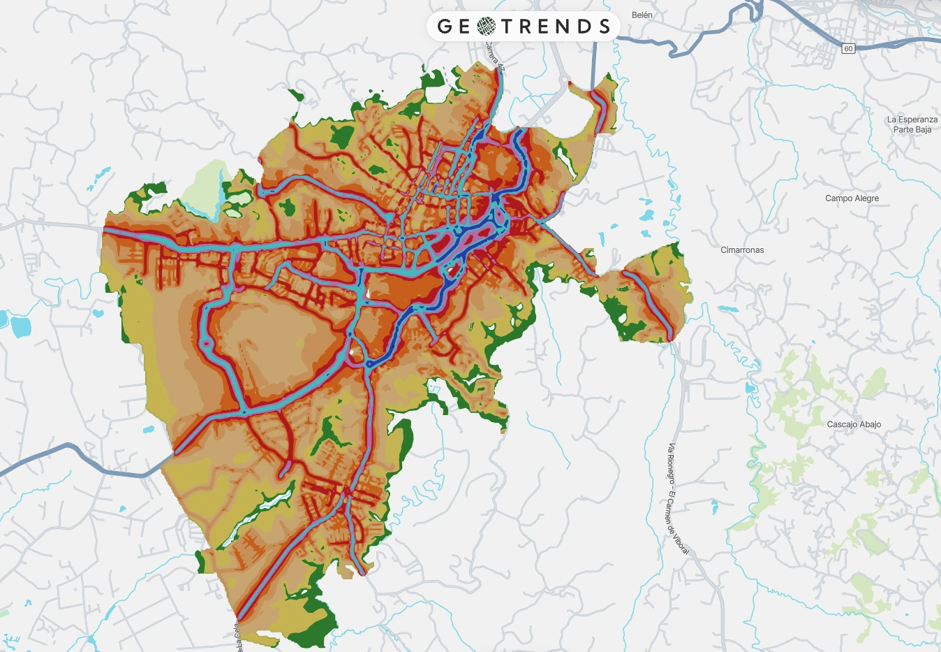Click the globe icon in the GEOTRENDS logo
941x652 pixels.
point(487,27)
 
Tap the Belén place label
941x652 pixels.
point(642,15)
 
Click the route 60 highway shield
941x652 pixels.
point(848,48)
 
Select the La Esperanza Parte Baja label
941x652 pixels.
point(912,124)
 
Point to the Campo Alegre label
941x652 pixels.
point(852,198)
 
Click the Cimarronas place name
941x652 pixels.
point(742,250)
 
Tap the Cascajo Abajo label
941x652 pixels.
point(854,424)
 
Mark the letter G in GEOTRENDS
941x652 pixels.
point(445,27)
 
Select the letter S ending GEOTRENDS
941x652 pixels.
point(604,27)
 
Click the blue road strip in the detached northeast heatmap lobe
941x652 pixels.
point(600,108)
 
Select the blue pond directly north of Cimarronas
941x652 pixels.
point(646,215)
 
